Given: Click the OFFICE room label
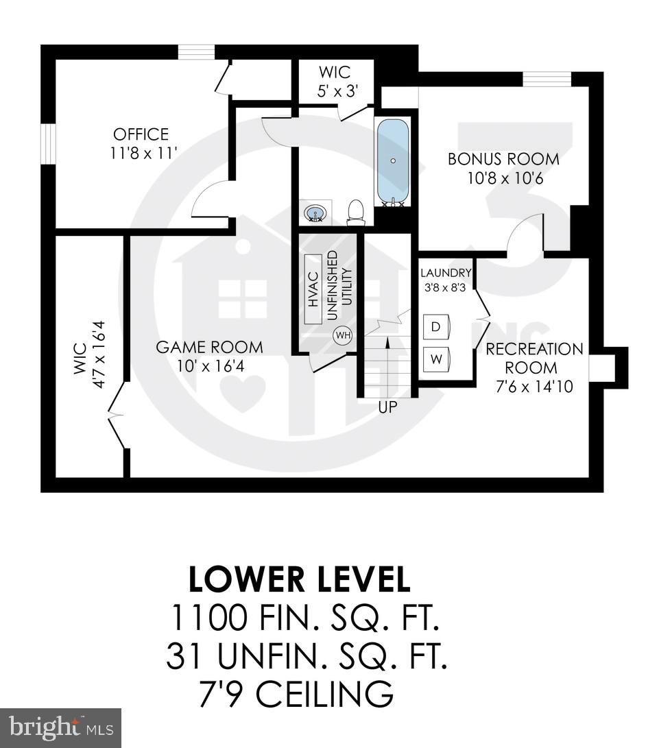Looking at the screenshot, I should click(x=141, y=134).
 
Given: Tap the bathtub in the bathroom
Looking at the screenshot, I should click(x=393, y=162).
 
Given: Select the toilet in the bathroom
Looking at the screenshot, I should click(x=356, y=213).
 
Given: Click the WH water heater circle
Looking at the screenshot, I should click(x=342, y=336).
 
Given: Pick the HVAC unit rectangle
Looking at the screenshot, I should click(x=313, y=290).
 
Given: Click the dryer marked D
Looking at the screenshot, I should click(x=435, y=326).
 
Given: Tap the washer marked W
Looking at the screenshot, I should click(x=435, y=357).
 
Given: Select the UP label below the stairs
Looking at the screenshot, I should click(x=387, y=407).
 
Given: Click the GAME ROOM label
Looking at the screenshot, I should click(x=209, y=347).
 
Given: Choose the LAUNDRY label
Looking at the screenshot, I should click(x=446, y=272).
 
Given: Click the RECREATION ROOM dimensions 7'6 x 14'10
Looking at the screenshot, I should click(x=535, y=387).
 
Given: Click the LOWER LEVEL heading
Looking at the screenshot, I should click(x=300, y=580).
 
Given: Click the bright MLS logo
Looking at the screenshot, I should click(x=60, y=727).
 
